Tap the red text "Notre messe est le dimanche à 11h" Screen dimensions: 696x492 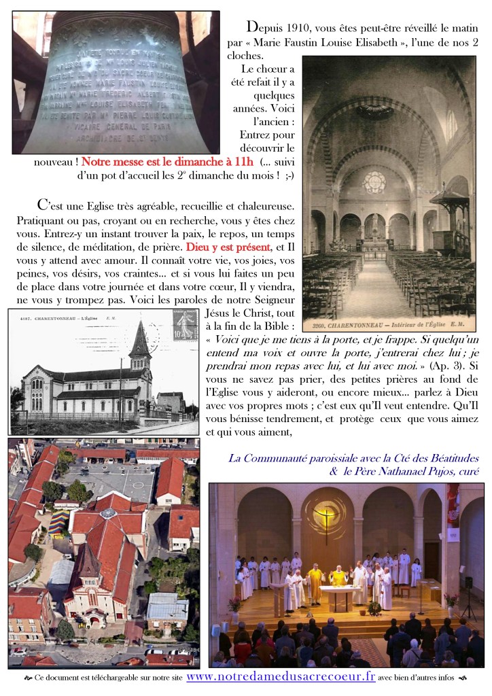click(x=167, y=162)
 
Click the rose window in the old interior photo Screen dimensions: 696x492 click(x=374, y=181)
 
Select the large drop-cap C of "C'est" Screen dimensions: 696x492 click(x=43, y=204)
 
